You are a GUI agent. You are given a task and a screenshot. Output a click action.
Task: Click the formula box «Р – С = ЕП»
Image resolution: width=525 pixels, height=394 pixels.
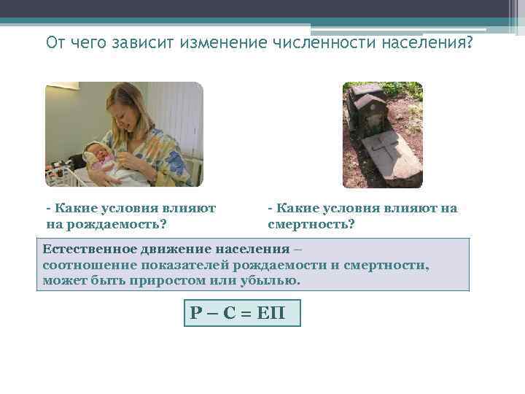242,314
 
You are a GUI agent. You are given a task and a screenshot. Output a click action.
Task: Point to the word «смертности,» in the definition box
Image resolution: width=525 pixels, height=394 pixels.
386,264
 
